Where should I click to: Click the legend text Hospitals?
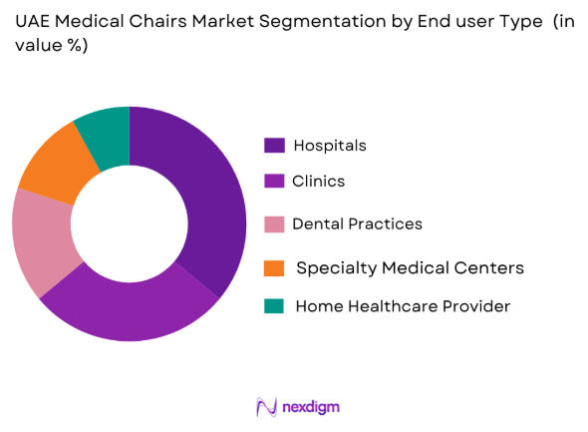pyautogui.click(x=330, y=146)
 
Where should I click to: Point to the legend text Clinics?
pyautogui.click(x=318, y=182)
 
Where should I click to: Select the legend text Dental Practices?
pyautogui.click(x=357, y=224)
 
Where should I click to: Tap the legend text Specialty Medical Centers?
pyautogui.click(x=410, y=267)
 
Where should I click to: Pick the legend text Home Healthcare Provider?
pyautogui.click(x=403, y=306)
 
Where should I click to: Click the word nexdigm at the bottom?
pyautogui.click(x=311, y=407)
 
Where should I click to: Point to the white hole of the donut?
pyautogui.click(x=129, y=222)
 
